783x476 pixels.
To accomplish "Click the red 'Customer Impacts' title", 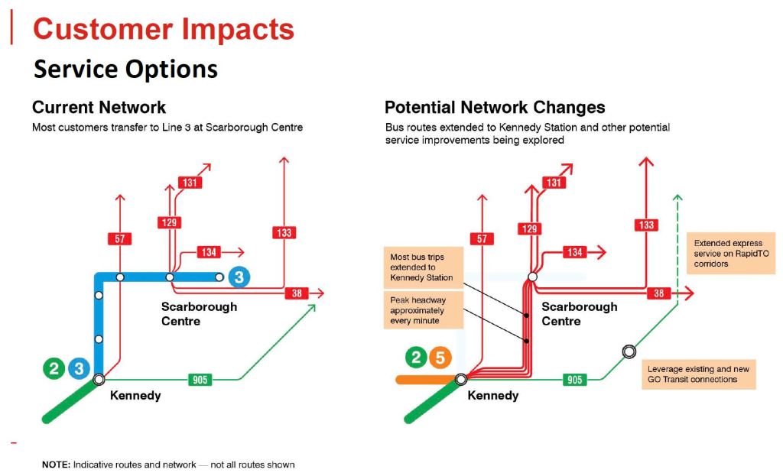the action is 164,29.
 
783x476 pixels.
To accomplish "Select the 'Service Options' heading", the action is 125,69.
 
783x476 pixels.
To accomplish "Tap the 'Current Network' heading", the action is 99,107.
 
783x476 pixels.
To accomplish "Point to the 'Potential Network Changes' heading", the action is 495,107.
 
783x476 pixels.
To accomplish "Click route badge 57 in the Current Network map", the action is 120,239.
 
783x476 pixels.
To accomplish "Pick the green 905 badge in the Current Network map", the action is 200,380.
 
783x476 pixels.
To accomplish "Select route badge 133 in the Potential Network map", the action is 646,225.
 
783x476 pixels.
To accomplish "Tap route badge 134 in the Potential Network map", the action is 574,252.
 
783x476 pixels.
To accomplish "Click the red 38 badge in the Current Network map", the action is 297,293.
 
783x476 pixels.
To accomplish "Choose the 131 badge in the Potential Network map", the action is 554,183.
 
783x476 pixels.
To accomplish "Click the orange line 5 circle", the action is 440,358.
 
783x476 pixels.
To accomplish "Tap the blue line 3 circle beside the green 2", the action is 79,369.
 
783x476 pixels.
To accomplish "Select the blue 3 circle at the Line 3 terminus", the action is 239,277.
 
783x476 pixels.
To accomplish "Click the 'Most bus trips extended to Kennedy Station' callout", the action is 424,267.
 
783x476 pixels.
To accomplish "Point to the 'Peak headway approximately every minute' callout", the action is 424,310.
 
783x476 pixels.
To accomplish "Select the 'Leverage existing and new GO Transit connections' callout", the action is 699,374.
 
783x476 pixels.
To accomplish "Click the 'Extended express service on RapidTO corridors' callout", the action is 731,254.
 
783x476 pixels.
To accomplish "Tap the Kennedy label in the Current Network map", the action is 135,396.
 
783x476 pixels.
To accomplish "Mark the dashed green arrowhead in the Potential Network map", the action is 677,198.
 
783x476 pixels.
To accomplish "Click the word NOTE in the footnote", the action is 56,465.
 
